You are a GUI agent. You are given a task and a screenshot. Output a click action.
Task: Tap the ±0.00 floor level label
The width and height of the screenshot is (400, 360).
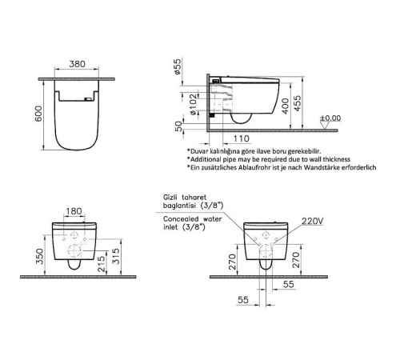(330, 118)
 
